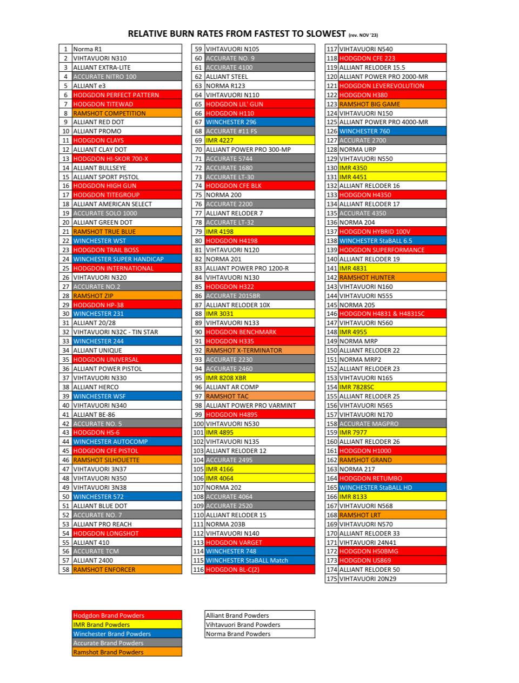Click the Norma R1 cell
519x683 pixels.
point(88,49)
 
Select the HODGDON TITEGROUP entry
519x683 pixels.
point(107,195)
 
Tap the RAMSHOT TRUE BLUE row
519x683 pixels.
point(104,232)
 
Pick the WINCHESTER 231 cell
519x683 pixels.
point(98,314)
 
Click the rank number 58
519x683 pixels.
point(65,570)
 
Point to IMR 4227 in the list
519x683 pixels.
point(219,140)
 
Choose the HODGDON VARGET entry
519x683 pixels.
point(234,543)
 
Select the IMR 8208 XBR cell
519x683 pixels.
point(226,378)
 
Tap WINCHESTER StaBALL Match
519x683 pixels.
point(247,560)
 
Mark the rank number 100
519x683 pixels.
point(198,424)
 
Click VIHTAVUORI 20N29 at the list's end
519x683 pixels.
point(368,579)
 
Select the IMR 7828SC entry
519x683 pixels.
point(356,387)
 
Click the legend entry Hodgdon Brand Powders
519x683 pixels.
point(109,616)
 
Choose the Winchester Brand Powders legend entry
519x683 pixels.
point(112,634)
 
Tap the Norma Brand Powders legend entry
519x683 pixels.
point(238,634)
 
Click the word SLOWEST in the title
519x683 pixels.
point(323,34)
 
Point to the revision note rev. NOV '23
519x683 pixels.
point(363,35)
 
